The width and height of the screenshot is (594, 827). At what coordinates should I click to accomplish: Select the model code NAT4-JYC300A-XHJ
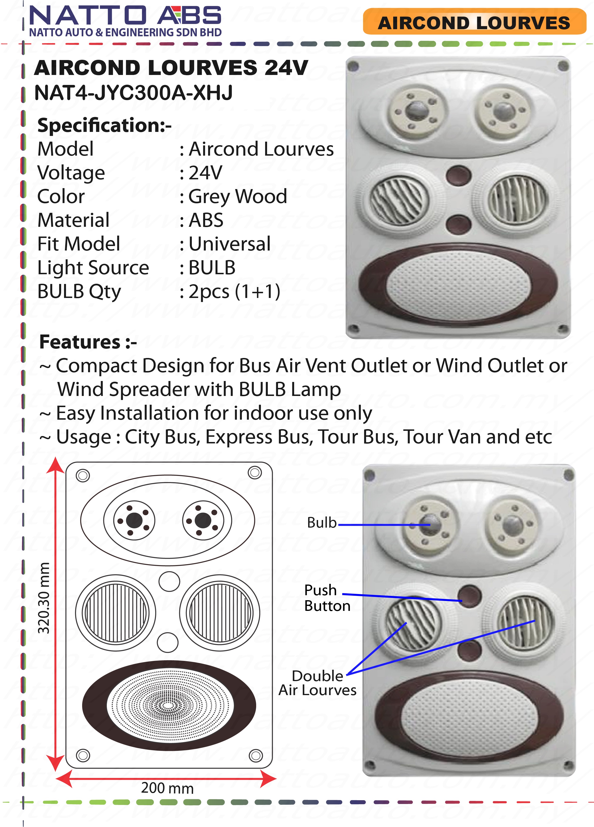(x=133, y=93)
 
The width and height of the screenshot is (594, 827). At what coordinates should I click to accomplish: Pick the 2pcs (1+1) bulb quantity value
(x=234, y=291)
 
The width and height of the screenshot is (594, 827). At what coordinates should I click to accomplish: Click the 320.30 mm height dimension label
(x=44, y=598)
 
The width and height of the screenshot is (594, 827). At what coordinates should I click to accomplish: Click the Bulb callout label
(x=321, y=523)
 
